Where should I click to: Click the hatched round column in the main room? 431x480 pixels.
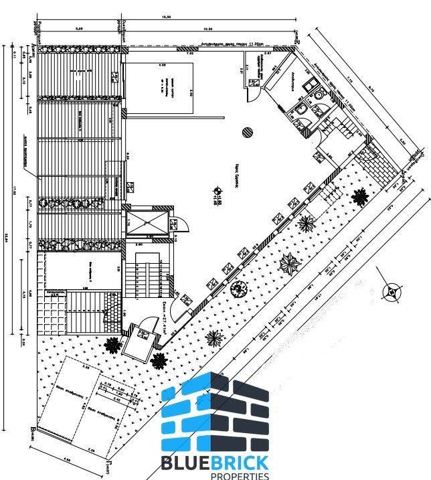point(247,131)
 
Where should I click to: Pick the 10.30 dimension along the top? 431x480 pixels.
point(207,29)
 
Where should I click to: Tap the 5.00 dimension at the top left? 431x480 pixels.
point(78,29)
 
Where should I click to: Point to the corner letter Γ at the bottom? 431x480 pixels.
point(107,461)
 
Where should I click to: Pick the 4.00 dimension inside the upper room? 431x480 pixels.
point(161,65)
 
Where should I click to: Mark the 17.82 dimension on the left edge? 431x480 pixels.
point(15,194)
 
